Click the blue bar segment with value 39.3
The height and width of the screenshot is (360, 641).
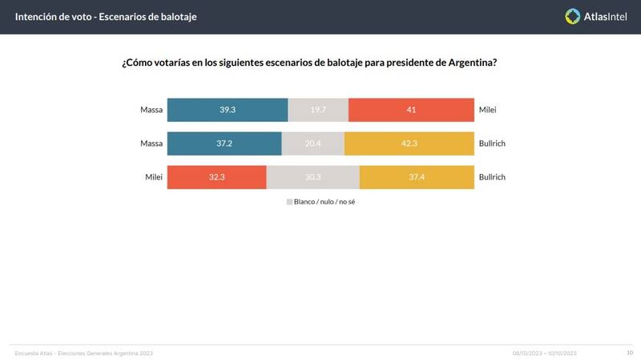(x=228, y=110)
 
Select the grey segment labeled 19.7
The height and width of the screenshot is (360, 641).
(x=318, y=110)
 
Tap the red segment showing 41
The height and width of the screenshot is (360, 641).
(x=411, y=110)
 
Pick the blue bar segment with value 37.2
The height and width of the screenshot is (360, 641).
(x=224, y=144)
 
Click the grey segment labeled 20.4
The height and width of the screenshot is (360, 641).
(x=313, y=144)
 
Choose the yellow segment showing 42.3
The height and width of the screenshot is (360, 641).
(x=409, y=144)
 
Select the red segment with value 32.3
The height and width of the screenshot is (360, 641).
(x=216, y=177)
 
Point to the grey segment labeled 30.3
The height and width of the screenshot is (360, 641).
(x=313, y=177)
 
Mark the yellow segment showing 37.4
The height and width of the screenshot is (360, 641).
(x=417, y=177)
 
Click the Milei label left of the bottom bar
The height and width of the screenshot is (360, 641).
(x=154, y=177)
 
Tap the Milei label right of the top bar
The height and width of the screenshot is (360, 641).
(x=488, y=110)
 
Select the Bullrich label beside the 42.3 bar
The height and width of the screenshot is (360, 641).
(x=493, y=144)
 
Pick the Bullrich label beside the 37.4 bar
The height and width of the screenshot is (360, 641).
(x=493, y=177)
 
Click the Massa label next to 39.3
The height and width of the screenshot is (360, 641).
(x=151, y=110)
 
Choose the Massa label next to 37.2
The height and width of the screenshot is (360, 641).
(x=151, y=144)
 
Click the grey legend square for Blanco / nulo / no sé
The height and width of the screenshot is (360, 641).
(x=289, y=202)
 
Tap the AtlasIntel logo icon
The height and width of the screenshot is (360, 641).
(x=573, y=16)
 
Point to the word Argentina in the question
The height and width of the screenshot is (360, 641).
(x=471, y=63)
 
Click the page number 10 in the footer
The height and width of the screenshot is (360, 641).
(x=629, y=353)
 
